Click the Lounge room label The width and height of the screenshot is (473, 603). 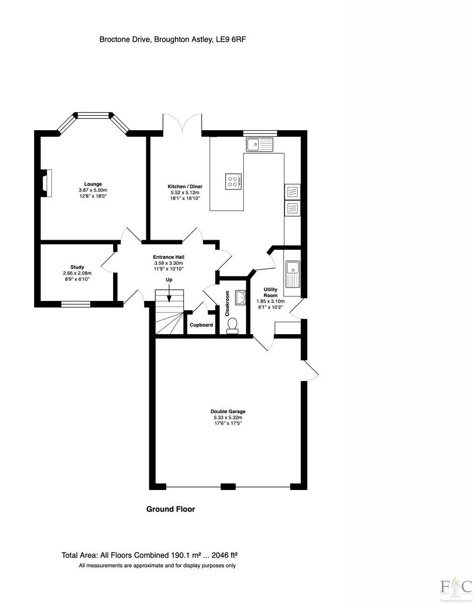pos(93,184)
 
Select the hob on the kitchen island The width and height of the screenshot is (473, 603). pos(234,181)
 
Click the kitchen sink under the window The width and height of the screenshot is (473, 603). pos(259,145)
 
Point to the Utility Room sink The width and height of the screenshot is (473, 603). pos(292,274)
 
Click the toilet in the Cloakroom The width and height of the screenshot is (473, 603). pos(233,328)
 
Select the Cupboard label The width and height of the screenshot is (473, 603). pos(201,325)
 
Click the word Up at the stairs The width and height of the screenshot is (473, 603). pos(169,280)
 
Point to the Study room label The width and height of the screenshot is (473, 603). pos(77,267)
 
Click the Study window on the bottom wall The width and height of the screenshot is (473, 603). pos(76,304)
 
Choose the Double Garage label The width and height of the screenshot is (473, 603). pos(228,412)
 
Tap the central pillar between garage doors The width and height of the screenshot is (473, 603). pos(228,486)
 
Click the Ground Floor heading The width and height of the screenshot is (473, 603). pos(170,509)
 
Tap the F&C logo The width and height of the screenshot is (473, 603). pos(455,587)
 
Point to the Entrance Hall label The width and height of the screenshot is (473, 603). pos(168,257)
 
